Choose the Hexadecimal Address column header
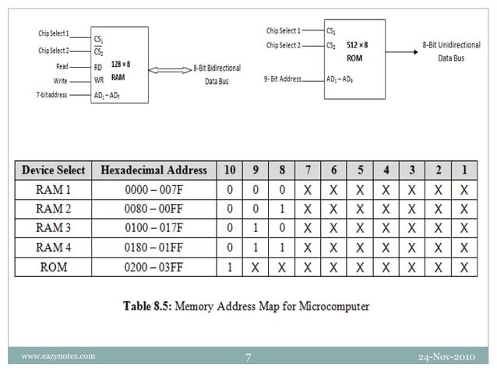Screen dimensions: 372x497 (154, 170)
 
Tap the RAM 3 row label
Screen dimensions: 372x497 (54, 228)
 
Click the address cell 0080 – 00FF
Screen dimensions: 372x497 (154, 209)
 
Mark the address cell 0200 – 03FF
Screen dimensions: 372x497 (154, 267)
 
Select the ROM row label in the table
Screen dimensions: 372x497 (54, 267)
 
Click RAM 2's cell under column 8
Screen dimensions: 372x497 (282, 209)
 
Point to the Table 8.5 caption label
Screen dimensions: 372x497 (246, 306)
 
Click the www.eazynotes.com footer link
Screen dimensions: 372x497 (58, 356)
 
